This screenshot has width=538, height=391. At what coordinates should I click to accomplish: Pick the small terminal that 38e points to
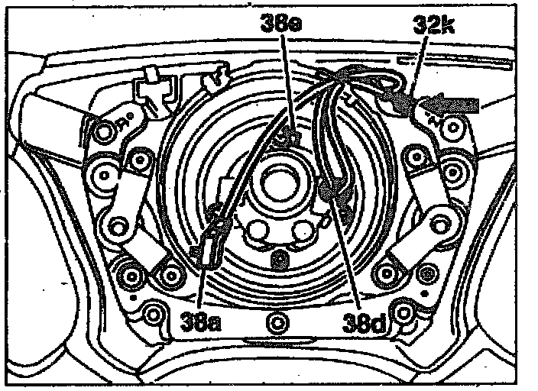tap(287, 139)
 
